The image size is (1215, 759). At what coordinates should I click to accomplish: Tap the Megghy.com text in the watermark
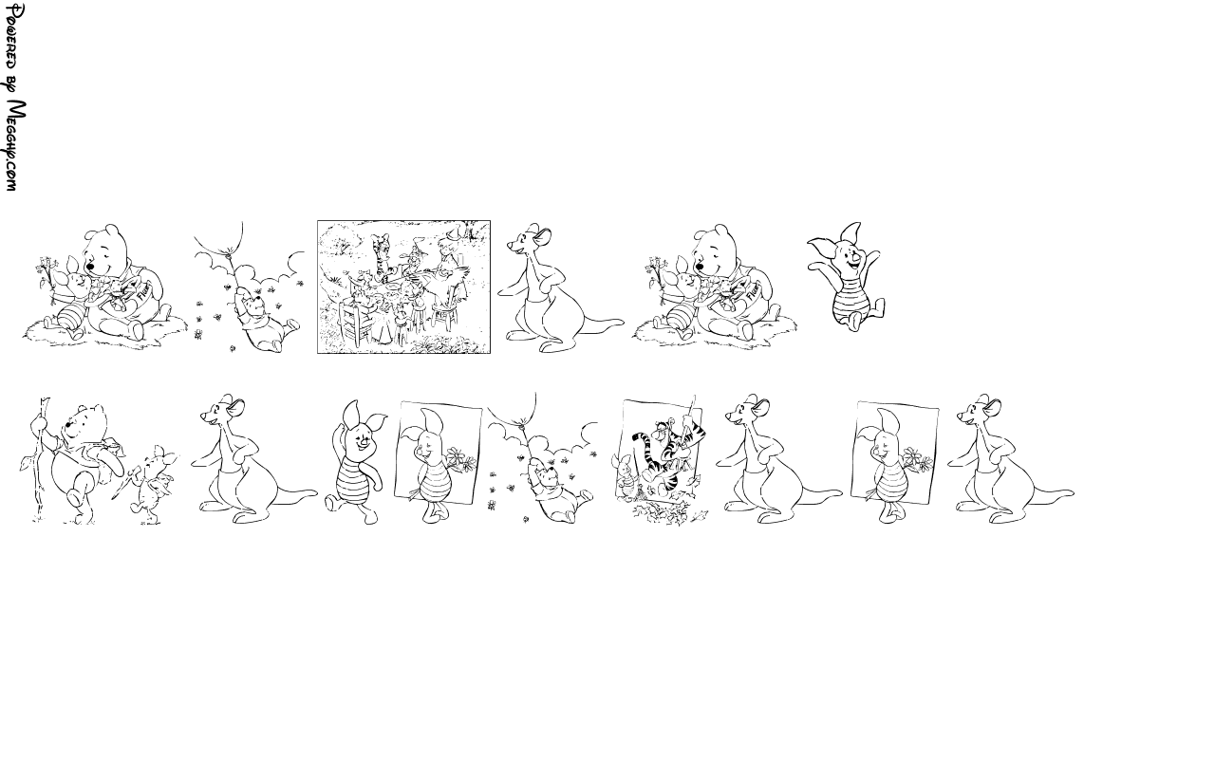pos(16,145)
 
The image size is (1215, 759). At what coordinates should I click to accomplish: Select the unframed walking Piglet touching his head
pos(355,462)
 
